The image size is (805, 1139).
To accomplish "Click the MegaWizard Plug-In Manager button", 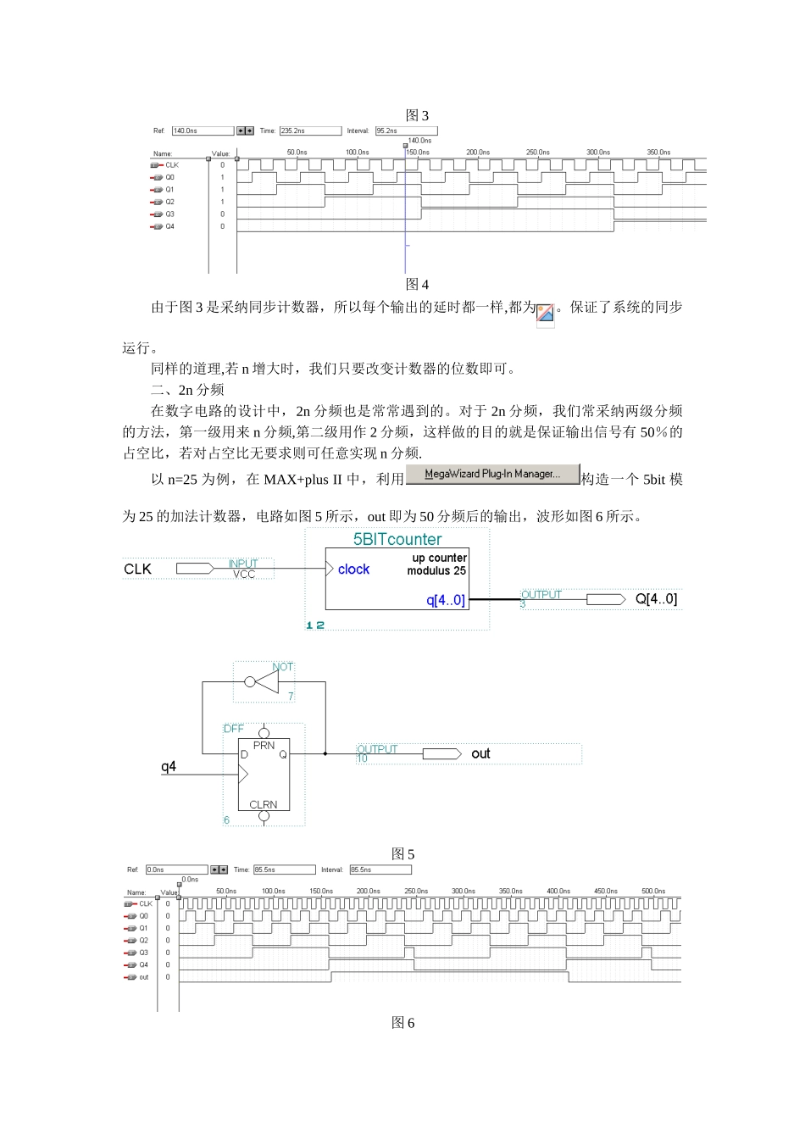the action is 492,475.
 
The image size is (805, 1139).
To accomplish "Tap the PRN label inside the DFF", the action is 264,746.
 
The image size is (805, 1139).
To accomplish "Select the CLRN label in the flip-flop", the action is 264,804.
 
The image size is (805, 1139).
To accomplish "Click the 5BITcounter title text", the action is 397,539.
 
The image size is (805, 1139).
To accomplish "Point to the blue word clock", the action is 353,569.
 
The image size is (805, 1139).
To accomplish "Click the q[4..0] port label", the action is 446,600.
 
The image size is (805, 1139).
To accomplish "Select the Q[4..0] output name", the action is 656,599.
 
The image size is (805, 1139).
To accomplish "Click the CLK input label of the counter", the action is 138,569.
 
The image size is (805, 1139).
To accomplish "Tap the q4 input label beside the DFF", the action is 169,767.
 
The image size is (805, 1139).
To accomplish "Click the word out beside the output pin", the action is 480,753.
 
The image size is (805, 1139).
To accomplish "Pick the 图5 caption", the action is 402,854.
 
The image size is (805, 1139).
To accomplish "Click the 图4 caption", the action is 417,284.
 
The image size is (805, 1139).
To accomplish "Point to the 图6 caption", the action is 402,1023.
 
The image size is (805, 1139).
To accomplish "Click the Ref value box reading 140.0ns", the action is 202,131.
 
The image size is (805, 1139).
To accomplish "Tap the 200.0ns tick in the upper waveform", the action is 478,153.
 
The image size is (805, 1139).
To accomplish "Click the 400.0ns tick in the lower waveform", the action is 558,892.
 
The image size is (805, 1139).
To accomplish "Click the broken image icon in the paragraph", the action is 546,314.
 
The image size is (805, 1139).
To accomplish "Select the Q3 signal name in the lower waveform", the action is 144,953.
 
